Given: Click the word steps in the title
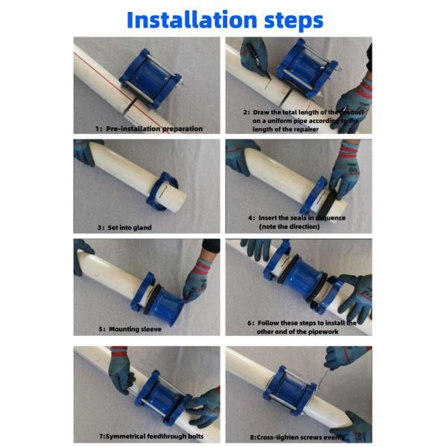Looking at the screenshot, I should point(288,20).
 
